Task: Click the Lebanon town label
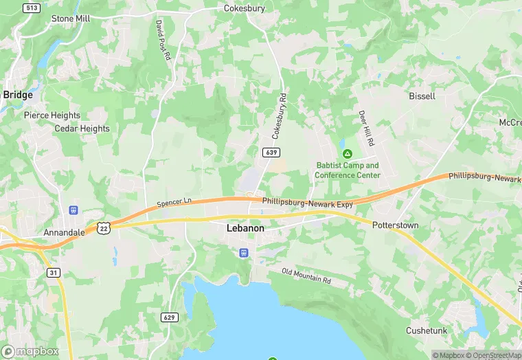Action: tap(246, 227)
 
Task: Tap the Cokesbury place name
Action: tap(245, 9)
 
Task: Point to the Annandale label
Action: tap(64, 232)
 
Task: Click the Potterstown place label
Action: tap(396, 225)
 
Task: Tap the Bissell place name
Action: tap(422, 96)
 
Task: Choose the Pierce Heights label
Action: tap(52, 115)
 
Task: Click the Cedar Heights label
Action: tap(82, 128)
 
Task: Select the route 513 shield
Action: tap(30, 8)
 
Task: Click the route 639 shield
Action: tap(270, 151)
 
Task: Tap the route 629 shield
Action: tap(170, 317)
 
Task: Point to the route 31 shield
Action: tap(54, 273)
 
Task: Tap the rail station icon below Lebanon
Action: tap(243, 253)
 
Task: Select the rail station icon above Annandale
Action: tap(73, 210)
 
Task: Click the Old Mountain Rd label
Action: tap(306, 277)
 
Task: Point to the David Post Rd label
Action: tap(162, 39)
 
